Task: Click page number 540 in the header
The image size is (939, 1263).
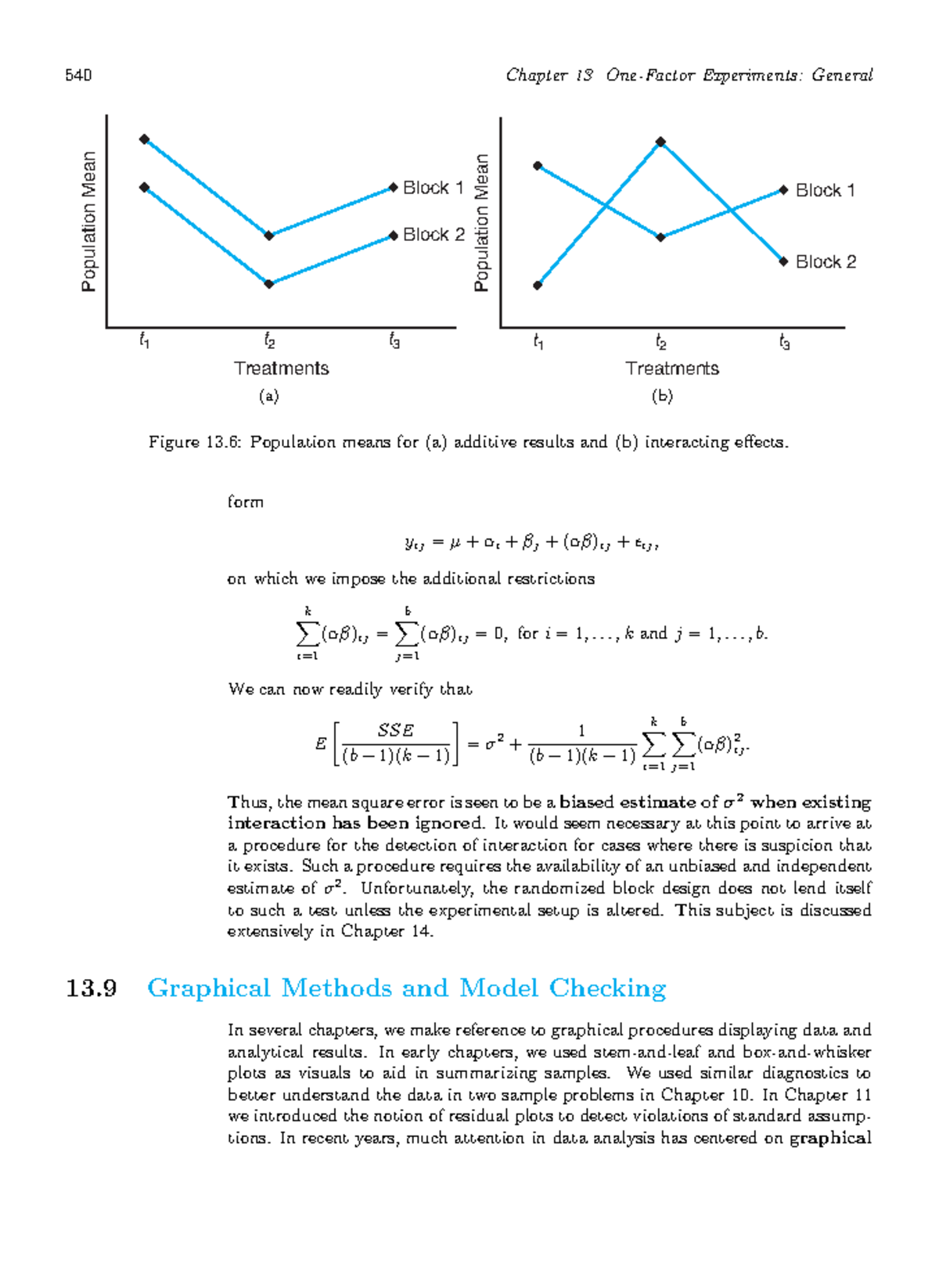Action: pyautogui.click(x=78, y=75)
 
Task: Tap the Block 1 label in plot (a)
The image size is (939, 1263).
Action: pyautogui.click(x=433, y=188)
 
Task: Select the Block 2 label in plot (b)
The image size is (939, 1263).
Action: pyautogui.click(x=826, y=262)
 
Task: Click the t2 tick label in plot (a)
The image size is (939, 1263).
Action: pyautogui.click(x=269, y=341)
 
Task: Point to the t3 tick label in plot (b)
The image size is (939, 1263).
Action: pyautogui.click(x=785, y=343)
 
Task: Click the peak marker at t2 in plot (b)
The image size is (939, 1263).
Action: pyautogui.click(x=661, y=142)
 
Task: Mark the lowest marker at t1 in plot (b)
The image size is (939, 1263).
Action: pyautogui.click(x=538, y=286)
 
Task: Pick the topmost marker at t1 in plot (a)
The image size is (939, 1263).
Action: pyautogui.click(x=144, y=139)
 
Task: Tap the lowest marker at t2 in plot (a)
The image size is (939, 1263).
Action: pyautogui.click(x=269, y=284)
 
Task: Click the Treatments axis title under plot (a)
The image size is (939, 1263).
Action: pyautogui.click(x=281, y=369)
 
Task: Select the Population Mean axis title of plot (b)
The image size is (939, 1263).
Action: pyautogui.click(x=481, y=223)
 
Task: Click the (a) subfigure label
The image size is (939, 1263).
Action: pyautogui.click(x=268, y=397)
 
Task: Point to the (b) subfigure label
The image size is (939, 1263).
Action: pyautogui.click(x=662, y=397)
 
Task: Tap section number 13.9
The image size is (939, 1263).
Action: pyautogui.click(x=92, y=988)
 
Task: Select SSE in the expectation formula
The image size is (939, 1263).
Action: pyautogui.click(x=395, y=730)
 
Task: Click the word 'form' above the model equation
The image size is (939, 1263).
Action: pyautogui.click(x=245, y=502)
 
